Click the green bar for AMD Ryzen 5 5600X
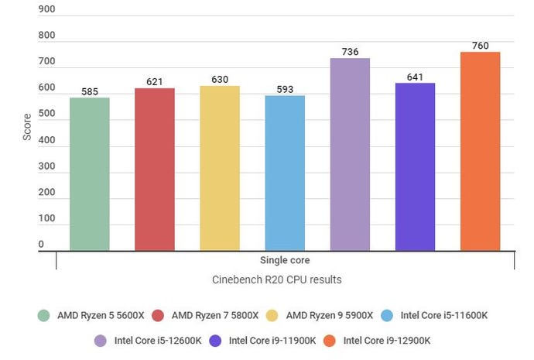coord(90,174)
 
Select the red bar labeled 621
coord(155,170)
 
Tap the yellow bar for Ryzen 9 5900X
coord(220,168)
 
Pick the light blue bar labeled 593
coord(285,173)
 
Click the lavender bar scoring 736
coord(350,155)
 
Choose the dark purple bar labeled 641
coord(415,167)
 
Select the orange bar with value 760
coord(480,152)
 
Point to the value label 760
coord(480,46)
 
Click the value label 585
coord(90,91)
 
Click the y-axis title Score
coord(27,127)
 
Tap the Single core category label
coord(285,261)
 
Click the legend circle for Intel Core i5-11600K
coord(387,315)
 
